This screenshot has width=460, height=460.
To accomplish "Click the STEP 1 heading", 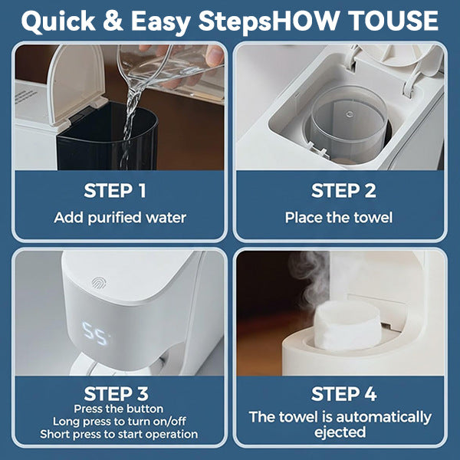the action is point(115,191).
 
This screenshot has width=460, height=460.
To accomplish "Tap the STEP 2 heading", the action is point(343,191).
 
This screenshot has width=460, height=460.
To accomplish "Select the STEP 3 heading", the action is point(117,393).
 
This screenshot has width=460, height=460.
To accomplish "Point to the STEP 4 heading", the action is point(343,393).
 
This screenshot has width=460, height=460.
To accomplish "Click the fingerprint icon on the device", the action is point(99,283).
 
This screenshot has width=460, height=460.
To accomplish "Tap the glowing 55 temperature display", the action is point(95,333).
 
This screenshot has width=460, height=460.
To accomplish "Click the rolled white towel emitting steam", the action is point(347,325).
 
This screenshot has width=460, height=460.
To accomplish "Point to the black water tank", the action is point(107,138).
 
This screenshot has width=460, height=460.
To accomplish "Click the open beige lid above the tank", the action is point(76,84).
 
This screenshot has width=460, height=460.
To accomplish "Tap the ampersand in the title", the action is point(113,21).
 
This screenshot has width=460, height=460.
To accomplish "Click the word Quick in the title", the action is point(58,21).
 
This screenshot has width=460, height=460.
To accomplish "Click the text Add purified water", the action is point(120,218).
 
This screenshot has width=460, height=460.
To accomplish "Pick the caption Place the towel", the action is point(339,218).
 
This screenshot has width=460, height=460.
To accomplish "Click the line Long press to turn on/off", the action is point(119,422).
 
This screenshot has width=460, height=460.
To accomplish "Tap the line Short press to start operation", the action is point(119,434).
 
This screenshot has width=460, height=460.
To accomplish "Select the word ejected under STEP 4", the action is point(340,432).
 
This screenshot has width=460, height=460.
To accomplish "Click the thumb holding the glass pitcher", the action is point(215,55).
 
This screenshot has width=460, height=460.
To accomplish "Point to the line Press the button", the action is point(119,409).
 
